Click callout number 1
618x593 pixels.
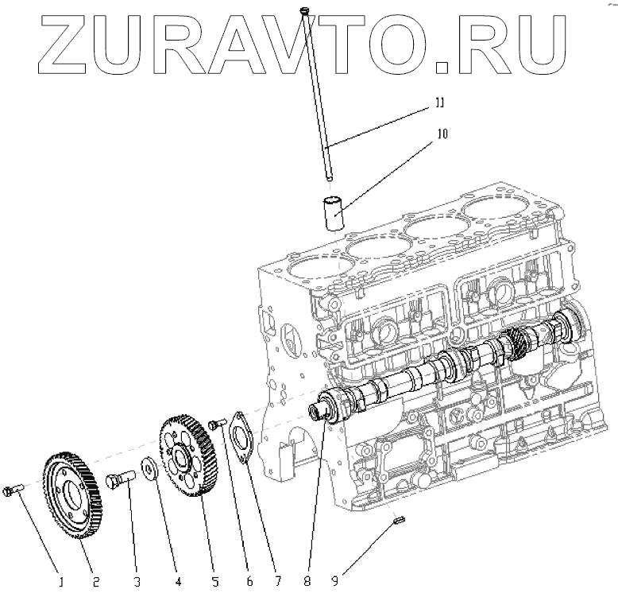(60, 581)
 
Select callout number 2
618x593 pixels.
(95, 581)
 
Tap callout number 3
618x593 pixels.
(137, 581)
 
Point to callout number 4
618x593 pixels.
(179, 581)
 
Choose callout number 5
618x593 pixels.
(215, 581)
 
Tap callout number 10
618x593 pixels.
(442, 134)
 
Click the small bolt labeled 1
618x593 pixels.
(10, 490)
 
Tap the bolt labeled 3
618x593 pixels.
(120, 479)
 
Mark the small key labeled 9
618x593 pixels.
(400, 521)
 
